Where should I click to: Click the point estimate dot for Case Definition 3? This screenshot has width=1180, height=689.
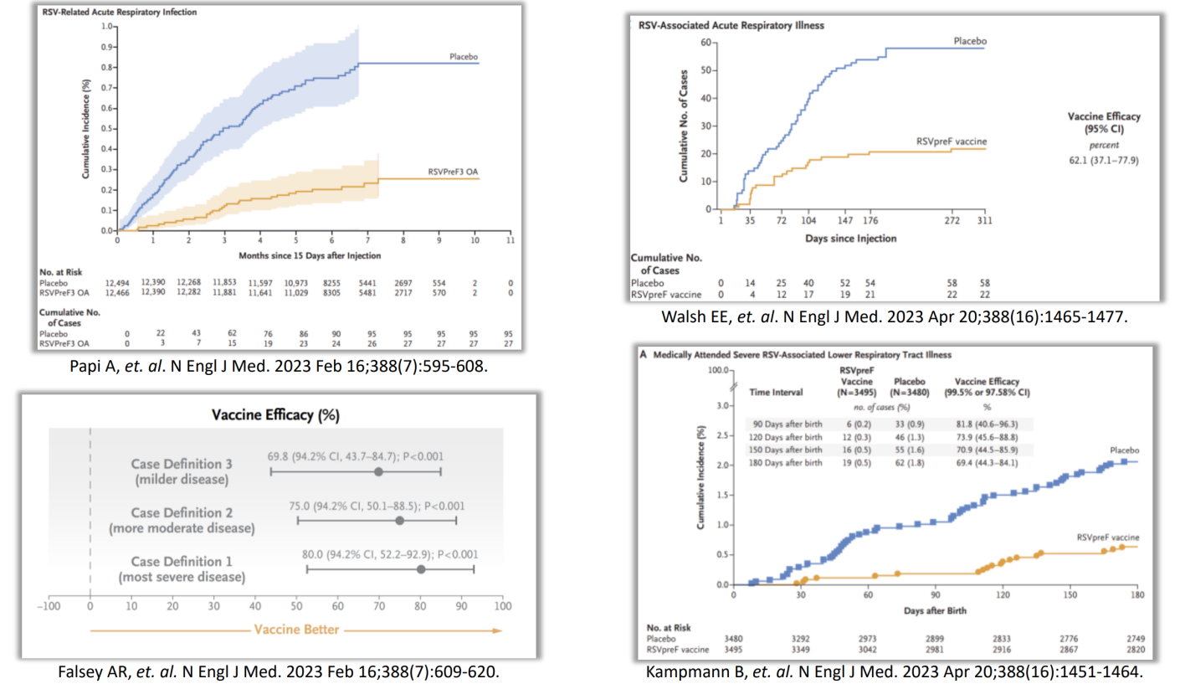[x=378, y=472]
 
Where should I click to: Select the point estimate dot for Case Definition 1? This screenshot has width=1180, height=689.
[x=420, y=569]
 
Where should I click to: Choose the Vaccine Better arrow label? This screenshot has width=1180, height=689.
[x=297, y=629]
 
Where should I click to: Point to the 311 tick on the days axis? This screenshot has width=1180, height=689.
[x=984, y=222]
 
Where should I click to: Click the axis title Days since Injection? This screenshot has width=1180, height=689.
[x=851, y=239]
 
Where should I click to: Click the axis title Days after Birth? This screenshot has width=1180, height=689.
[x=934, y=611]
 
